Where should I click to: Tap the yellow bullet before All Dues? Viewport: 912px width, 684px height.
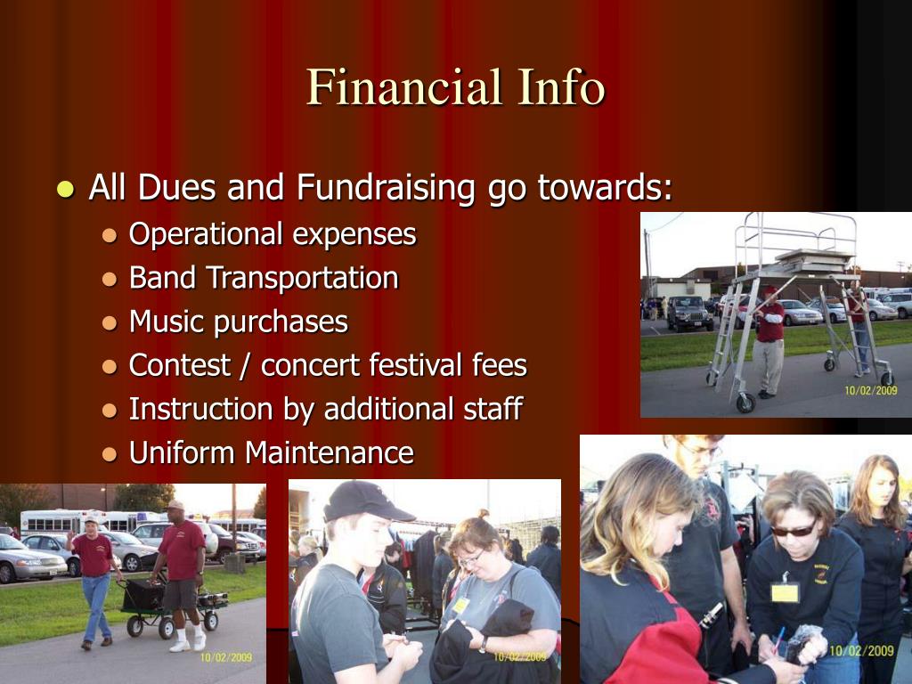pos(66,189)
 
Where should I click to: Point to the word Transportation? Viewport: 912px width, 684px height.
pos(303,278)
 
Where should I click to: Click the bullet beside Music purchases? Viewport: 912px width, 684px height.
pos(110,322)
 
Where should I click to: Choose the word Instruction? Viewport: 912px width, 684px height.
pos(200,409)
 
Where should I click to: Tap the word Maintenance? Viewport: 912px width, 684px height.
pos(330,453)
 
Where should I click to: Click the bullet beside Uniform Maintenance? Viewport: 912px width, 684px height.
pos(110,453)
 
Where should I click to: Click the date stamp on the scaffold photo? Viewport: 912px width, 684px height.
pos(871,390)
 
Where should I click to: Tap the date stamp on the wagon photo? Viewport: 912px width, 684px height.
pos(226,657)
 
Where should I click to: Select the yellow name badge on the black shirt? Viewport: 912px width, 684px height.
pos(786,592)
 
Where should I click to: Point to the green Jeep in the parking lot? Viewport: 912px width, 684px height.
pos(689,313)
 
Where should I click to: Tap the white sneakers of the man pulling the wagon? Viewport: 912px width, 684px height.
pos(188,642)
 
